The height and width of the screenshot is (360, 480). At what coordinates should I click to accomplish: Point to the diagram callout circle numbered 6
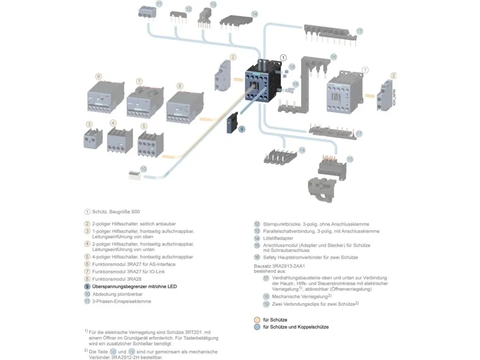pyautogui.click(x=99, y=76)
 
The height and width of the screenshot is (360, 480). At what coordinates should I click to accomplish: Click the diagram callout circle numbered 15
pyautogui.click(x=350, y=159)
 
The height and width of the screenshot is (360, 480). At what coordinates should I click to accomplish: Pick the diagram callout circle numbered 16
pyautogui.click(x=333, y=57)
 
